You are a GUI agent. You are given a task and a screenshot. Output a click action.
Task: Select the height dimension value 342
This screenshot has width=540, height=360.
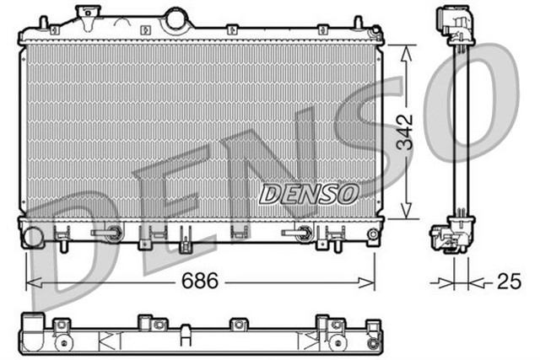(408, 130)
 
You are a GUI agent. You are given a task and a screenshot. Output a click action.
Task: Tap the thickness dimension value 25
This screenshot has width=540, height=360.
(508, 282)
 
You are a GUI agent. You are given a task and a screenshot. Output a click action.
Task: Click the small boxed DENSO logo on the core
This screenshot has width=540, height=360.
(308, 193)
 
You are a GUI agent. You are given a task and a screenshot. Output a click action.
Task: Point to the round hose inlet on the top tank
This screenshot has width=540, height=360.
(175, 18)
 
